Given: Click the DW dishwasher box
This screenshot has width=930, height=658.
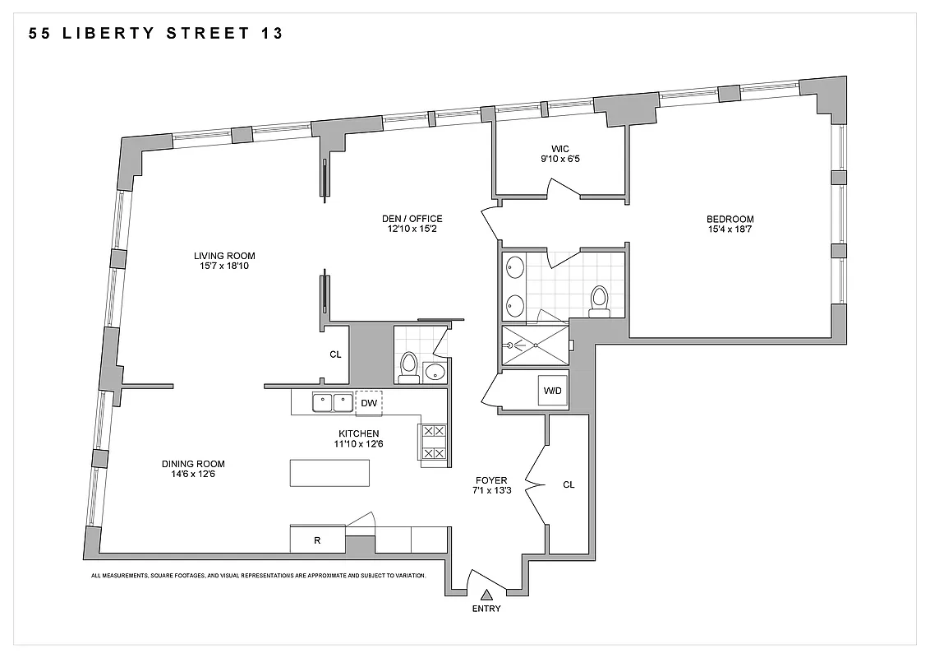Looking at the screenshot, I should click(x=369, y=403).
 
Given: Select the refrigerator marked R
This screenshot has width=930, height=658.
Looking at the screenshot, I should click(x=317, y=540).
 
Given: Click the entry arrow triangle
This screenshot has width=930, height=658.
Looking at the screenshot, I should click(x=486, y=594).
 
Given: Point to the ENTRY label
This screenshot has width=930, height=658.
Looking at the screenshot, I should click(x=486, y=609).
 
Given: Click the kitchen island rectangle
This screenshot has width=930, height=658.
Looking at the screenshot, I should click(x=329, y=472).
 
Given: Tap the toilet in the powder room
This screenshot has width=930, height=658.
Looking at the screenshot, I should click(x=408, y=367).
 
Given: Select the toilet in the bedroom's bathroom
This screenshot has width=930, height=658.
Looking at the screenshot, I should click(x=599, y=300).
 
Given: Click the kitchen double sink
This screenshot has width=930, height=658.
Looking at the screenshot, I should click(x=332, y=403).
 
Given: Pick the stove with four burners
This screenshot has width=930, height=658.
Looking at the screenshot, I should click(x=434, y=442).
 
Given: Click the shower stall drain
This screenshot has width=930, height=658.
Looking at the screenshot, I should click(x=535, y=345).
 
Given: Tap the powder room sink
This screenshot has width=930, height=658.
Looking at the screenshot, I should click(x=434, y=373).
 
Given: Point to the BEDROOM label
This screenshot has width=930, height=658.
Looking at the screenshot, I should click(x=730, y=219).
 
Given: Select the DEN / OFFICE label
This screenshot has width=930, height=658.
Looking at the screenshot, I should click(x=412, y=219).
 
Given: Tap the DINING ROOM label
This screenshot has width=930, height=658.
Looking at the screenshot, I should click(x=193, y=464).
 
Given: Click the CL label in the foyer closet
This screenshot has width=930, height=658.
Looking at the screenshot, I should click(x=569, y=484).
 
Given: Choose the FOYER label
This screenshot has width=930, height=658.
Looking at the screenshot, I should click(x=491, y=480).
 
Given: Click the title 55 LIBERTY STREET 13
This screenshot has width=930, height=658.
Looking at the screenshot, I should click(x=156, y=34).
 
